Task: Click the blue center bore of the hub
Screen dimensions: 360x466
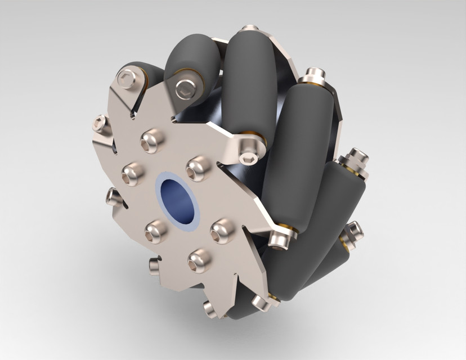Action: coord(177,202)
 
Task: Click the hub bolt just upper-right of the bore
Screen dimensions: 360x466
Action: coord(198,166)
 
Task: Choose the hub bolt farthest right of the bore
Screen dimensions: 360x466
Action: coord(222,229)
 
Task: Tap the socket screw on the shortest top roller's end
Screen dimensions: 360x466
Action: coord(185,88)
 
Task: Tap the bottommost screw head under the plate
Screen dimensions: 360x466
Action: coord(209,309)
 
